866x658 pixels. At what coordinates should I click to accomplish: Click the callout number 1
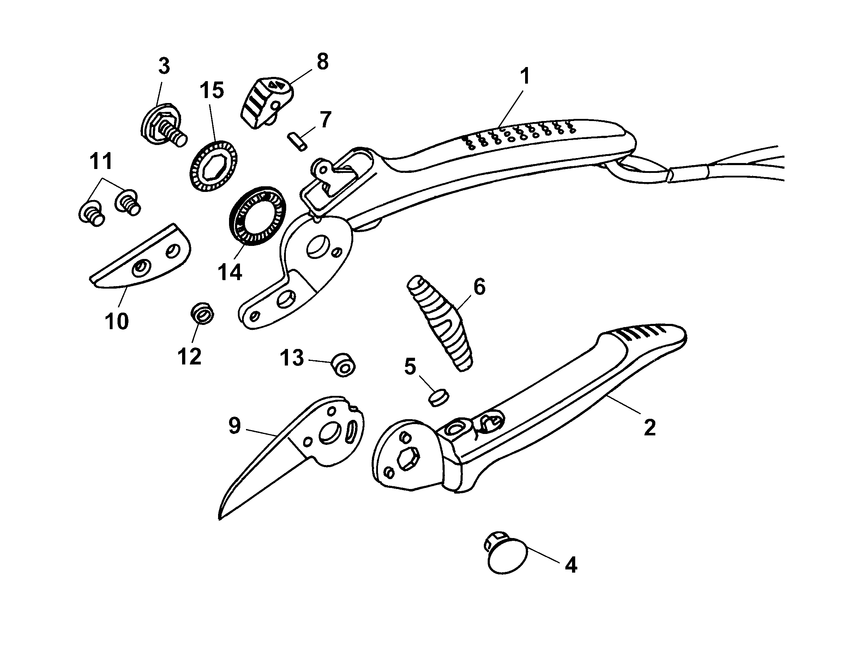click(x=525, y=76)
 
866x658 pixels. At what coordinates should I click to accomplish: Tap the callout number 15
click(x=212, y=90)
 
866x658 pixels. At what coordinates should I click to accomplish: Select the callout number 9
click(x=234, y=426)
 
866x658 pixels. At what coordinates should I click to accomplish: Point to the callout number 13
click(x=292, y=358)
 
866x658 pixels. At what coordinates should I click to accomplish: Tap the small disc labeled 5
click(x=438, y=398)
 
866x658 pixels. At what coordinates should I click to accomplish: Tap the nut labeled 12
click(x=202, y=314)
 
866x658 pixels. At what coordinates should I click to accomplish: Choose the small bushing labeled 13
click(x=343, y=366)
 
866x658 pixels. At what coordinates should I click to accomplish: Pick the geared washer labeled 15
click(x=214, y=166)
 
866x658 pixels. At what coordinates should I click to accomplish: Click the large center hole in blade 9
click(x=330, y=434)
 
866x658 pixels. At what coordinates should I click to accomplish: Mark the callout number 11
click(x=101, y=161)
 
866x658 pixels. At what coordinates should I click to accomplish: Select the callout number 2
click(x=649, y=427)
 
